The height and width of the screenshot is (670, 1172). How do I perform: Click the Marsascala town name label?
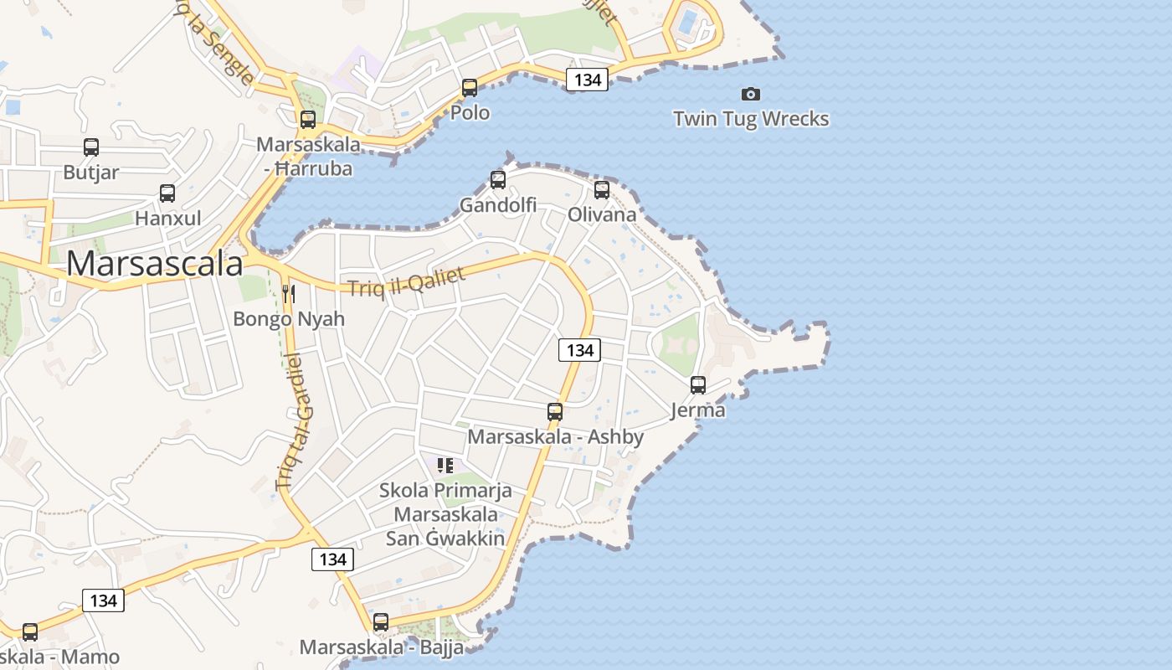[x=155, y=264]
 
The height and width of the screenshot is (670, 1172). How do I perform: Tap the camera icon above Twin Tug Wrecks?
[x=751, y=94]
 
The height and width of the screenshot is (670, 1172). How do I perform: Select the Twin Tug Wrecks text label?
[x=751, y=119]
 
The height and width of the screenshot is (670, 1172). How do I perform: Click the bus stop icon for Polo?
[x=470, y=87]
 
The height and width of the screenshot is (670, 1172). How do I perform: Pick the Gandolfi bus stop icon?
[x=498, y=179]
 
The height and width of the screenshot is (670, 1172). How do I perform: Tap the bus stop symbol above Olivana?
[x=602, y=189]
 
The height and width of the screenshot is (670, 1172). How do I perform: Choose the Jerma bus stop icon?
[x=698, y=385]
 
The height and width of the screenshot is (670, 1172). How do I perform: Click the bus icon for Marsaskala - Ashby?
[x=555, y=411]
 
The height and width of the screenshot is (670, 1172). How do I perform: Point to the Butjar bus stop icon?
[x=91, y=147]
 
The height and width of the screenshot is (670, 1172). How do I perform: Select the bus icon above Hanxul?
[x=167, y=193]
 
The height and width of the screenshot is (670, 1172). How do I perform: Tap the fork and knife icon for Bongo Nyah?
[x=289, y=293]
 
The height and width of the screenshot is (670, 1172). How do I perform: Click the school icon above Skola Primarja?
[x=445, y=465]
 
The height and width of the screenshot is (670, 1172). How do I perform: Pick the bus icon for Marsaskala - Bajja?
[x=381, y=621]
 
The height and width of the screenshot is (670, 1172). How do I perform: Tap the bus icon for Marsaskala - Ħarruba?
[x=308, y=119]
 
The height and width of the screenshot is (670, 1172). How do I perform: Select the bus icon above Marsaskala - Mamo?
[x=30, y=631]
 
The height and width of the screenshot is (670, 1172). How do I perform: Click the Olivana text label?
[x=602, y=214]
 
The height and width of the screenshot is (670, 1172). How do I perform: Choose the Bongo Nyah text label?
[x=289, y=319]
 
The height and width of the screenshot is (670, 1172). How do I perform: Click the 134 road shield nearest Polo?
[x=587, y=80]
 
